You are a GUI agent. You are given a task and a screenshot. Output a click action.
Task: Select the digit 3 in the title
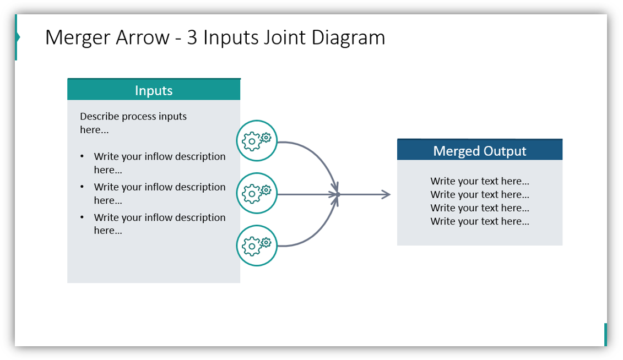192,37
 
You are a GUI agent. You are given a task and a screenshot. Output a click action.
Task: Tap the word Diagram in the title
348,37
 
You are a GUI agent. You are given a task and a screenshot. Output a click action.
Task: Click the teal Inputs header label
154,90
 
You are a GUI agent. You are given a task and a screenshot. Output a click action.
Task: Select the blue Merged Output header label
479,151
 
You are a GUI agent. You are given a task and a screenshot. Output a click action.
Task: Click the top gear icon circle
257,141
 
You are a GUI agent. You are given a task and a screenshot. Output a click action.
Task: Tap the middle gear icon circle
257,193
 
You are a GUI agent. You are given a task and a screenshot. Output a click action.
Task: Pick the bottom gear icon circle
257,246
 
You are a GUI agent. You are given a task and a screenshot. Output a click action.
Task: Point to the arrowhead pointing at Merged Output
386,194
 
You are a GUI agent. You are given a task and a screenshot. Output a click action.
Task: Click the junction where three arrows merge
338,194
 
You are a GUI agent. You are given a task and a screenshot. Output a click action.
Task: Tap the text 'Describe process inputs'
133,116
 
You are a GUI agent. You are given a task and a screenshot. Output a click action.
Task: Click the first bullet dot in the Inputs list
83,157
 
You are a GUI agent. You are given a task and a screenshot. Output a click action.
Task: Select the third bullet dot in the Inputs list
83,218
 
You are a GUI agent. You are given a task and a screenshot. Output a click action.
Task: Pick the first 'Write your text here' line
479,181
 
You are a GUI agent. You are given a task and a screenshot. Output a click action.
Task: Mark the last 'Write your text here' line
479,221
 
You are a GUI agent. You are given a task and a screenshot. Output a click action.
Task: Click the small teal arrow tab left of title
18,37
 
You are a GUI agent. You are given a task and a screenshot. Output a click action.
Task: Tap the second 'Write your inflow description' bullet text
159,187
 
